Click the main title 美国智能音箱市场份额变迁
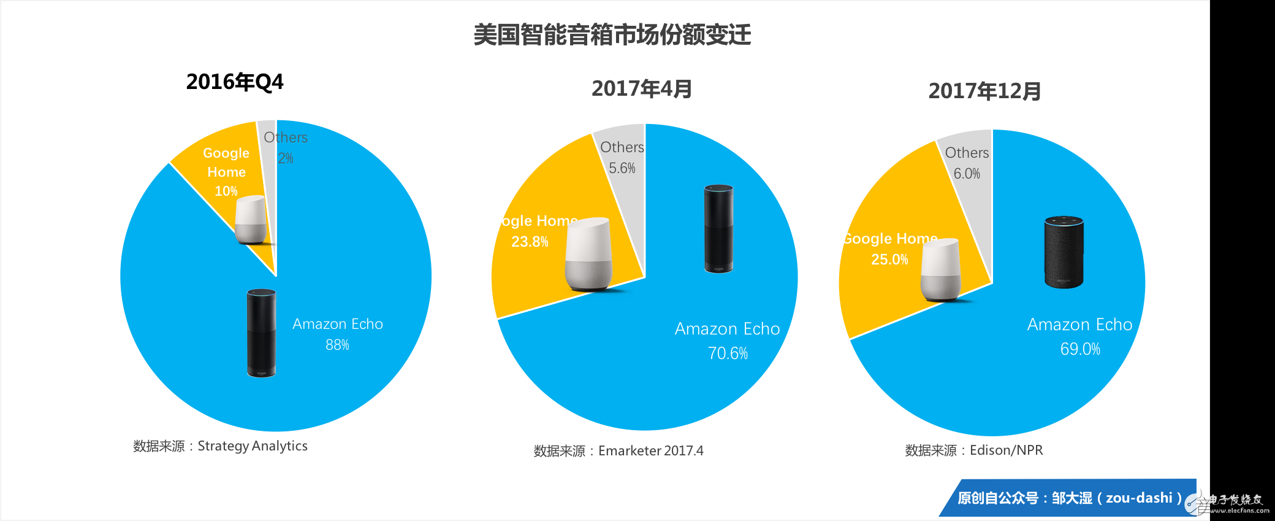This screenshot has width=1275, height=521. pyautogui.click(x=612, y=35)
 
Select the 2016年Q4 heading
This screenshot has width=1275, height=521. pyautogui.click(x=235, y=82)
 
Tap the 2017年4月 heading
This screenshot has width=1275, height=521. pyautogui.click(x=641, y=89)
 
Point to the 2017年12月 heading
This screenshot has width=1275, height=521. pyautogui.click(x=984, y=91)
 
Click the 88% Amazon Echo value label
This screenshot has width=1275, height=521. pyautogui.click(x=337, y=345)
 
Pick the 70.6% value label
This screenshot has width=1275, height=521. pyautogui.click(x=728, y=353)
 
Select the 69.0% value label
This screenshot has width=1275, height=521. pyautogui.click(x=1080, y=349)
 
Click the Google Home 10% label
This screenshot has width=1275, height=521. pyautogui.click(x=226, y=171)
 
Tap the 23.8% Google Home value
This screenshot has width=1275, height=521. pyautogui.click(x=530, y=242)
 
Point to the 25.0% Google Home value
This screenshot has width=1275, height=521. pyautogui.click(x=889, y=260)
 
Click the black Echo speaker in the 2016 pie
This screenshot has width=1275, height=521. pyautogui.click(x=261, y=333)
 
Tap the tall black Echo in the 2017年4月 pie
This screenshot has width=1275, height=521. pyautogui.click(x=718, y=228)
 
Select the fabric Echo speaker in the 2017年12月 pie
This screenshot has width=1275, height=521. pyautogui.click(x=1064, y=252)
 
